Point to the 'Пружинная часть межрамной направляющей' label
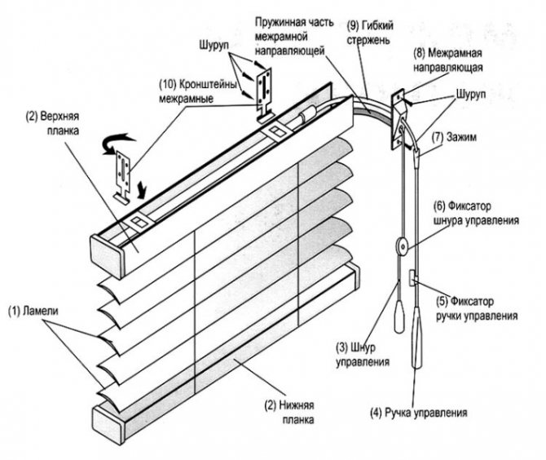click(292, 33)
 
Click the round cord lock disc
click(400, 245)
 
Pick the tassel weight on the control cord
click(400, 314)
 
